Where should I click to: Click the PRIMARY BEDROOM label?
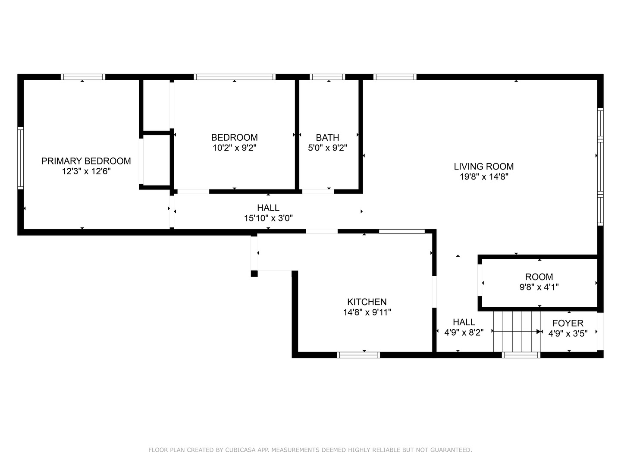(86, 161)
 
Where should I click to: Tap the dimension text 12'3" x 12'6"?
(86, 171)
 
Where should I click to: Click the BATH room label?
(327, 138)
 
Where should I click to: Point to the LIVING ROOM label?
(483, 167)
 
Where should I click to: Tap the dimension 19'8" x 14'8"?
(483, 176)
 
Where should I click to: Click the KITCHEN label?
(367, 302)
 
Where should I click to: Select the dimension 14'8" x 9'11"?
(367, 312)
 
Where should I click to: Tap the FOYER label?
(568, 323)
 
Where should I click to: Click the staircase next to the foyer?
(517, 331)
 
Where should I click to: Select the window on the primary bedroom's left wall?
(20, 158)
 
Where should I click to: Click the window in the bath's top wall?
(327, 77)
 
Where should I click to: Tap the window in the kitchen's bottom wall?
(358, 355)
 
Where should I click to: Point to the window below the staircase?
(521, 355)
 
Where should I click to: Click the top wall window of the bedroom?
(234, 77)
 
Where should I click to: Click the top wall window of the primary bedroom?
(83, 77)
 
